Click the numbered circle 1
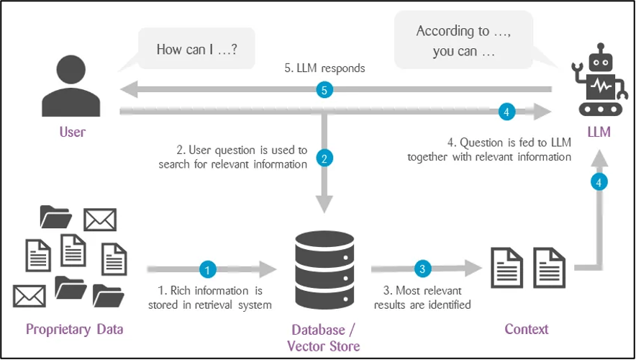[207, 270]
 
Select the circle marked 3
[422, 269]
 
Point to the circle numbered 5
[325, 90]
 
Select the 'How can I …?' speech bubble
[196, 49]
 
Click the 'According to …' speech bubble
[464, 40]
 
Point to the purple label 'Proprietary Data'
[75, 330]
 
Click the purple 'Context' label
[527, 329]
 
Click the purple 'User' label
[72, 132]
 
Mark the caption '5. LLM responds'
[324, 69]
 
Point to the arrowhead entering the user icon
[128, 90]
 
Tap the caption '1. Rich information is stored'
[209, 298]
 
